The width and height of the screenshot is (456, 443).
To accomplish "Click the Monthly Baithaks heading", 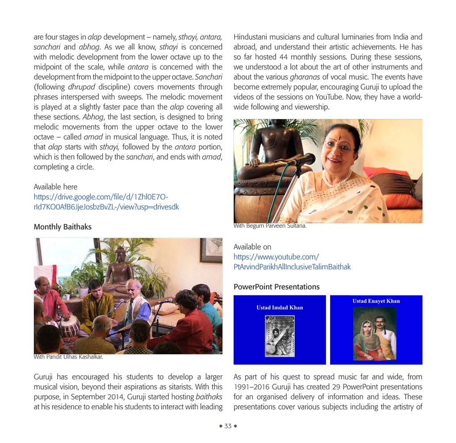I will [x=62, y=227].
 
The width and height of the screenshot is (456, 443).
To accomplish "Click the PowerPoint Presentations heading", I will [x=276, y=287].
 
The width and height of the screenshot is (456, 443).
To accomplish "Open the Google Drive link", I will [x=106, y=202].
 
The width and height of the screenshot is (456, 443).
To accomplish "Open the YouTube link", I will [x=292, y=262].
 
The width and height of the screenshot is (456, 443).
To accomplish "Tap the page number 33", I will [x=228, y=426].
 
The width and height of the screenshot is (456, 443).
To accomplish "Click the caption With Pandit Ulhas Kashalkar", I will [x=68, y=357].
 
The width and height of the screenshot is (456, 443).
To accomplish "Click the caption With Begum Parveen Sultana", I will [x=270, y=226].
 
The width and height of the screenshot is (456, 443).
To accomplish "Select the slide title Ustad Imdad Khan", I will [x=280, y=308].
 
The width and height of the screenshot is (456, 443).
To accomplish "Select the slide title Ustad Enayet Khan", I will [x=376, y=301].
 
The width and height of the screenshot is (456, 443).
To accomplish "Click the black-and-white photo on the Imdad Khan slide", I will [x=280, y=336].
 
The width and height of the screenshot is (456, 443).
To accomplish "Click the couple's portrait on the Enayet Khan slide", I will [x=375, y=333].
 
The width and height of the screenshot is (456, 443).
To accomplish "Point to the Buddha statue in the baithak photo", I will [x=119, y=267].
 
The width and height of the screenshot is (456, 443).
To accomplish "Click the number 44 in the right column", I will [x=284, y=57].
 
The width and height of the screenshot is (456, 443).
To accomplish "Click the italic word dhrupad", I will [x=81, y=87].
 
